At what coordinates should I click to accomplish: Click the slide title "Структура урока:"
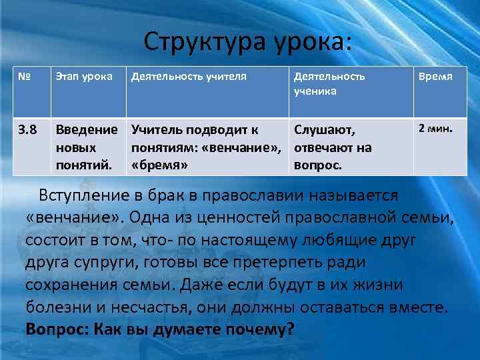tap(246, 42)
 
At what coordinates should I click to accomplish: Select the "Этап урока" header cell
tap(84, 76)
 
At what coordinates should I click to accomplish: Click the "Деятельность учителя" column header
tap(189, 76)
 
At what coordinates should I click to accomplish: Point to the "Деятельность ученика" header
tap(329, 83)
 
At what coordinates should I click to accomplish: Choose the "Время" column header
tap(435, 76)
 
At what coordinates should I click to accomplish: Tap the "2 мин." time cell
tap(435, 127)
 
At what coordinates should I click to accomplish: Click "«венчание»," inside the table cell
tap(247, 147)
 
